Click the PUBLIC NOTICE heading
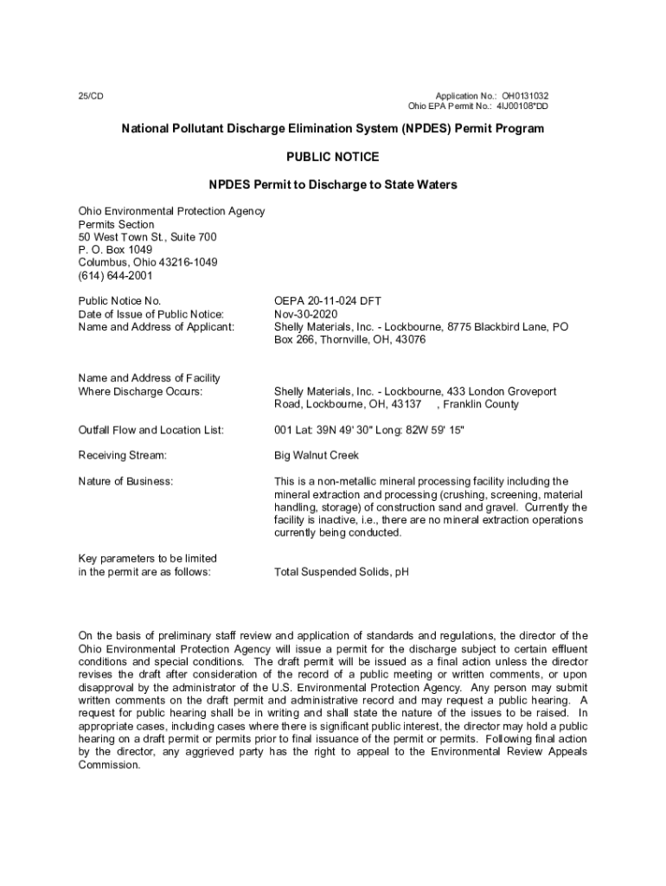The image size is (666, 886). (x=332, y=157)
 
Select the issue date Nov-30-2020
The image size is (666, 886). (x=305, y=314)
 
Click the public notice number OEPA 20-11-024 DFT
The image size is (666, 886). (x=328, y=301)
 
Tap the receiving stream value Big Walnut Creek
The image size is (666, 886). (x=316, y=455)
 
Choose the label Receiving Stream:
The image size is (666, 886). (x=122, y=455)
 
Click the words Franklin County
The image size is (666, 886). (x=481, y=404)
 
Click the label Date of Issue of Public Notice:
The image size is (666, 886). (x=151, y=314)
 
